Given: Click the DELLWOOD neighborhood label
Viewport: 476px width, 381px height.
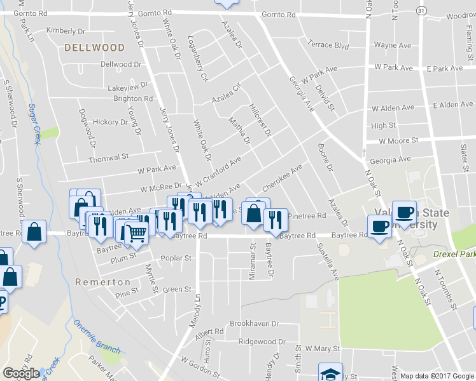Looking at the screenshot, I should [x=95, y=48].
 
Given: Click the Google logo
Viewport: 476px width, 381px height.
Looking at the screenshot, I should [x=21, y=373].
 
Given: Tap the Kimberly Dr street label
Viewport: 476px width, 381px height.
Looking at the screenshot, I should [x=66, y=30].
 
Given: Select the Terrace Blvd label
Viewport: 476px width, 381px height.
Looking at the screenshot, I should [x=328, y=45].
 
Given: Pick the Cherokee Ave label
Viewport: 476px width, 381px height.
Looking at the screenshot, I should [x=282, y=179].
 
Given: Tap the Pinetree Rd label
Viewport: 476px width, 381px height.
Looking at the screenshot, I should [x=307, y=216].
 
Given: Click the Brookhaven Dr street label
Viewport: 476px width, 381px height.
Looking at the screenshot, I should [x=255, y=323].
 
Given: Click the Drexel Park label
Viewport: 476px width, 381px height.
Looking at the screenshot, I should [x=454, y=253].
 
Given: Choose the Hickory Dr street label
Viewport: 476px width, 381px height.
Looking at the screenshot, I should [x=110, y=121].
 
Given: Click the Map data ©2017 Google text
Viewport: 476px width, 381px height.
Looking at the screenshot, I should [x=437, y=376].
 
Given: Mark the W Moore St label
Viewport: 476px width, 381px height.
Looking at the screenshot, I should [x=398, y=140].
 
